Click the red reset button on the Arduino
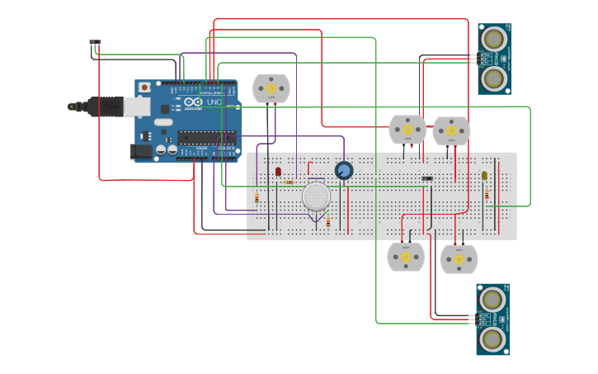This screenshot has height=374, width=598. pyautogui.click(x=145, y=87)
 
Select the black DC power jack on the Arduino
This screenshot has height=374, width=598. pyautogui.click(x=142, y=151)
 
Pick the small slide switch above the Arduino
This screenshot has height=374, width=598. pyautogui.click(x=95, y=42)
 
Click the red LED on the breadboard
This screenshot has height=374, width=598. pyautogui.click(x=278, y=172)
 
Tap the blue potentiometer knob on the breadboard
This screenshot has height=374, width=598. pyautogui.click(x=344, y=171)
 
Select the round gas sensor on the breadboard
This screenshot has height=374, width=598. pyautogui.click(x=316, y=197)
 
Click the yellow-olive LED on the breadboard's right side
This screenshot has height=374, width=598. pyautogui.click(x=484, y=175)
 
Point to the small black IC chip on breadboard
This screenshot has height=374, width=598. pyautogui.click(x=427, y=178)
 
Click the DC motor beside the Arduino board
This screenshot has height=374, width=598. pyautogui.click(x=271, y=88)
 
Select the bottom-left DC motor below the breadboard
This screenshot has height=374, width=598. pyautogui.click(x=406, y=257)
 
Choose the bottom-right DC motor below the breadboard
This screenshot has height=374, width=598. pyautogui.click(x=459, y=259)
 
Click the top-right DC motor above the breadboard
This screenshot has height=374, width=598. pyautogui.click(x=451, y=130)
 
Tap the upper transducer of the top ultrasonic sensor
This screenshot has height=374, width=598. pyautogui.click(x=494, y=38)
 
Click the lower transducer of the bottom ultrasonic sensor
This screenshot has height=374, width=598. pyautogui.click(x=492, y=338)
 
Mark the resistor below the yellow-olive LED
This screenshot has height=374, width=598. pyautogui.click(x=486, y=194)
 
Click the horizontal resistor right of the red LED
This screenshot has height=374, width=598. pyautogui.click(x=289, y=182)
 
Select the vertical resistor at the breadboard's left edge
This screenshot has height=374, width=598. pyautogui.click(x=257, y=197)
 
